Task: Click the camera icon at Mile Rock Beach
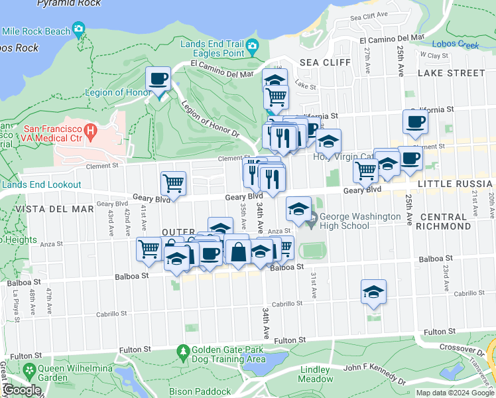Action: coord(80,30)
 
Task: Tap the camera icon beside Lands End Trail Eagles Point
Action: coord(252,47)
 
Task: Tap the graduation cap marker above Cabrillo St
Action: coord(373,291)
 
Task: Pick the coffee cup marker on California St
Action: coord(415,121)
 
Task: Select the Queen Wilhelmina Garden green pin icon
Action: coord(29,369)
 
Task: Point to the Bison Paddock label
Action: coord(198,391)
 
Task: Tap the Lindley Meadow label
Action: coord(316,374)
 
